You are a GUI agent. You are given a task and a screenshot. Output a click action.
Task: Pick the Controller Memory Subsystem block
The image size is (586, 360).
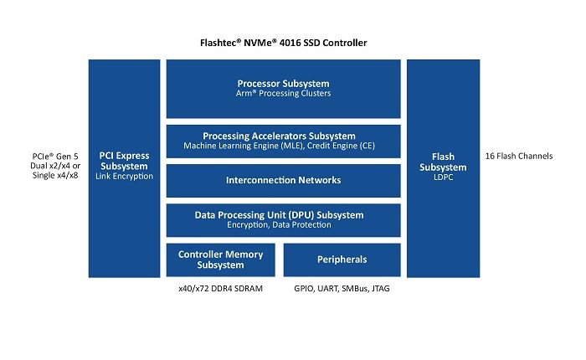click(220, 260)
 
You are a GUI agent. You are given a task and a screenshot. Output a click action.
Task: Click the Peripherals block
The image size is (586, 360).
click(341, 260)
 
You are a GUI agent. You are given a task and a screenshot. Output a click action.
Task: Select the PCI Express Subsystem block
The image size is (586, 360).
click(124, 167)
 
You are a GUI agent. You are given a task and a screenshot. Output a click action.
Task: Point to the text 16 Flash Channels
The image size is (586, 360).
click(519, 156)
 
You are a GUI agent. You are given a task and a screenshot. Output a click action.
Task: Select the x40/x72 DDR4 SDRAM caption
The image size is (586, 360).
click(220, 289)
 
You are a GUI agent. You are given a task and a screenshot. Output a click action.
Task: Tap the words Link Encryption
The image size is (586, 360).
click(124, 177)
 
